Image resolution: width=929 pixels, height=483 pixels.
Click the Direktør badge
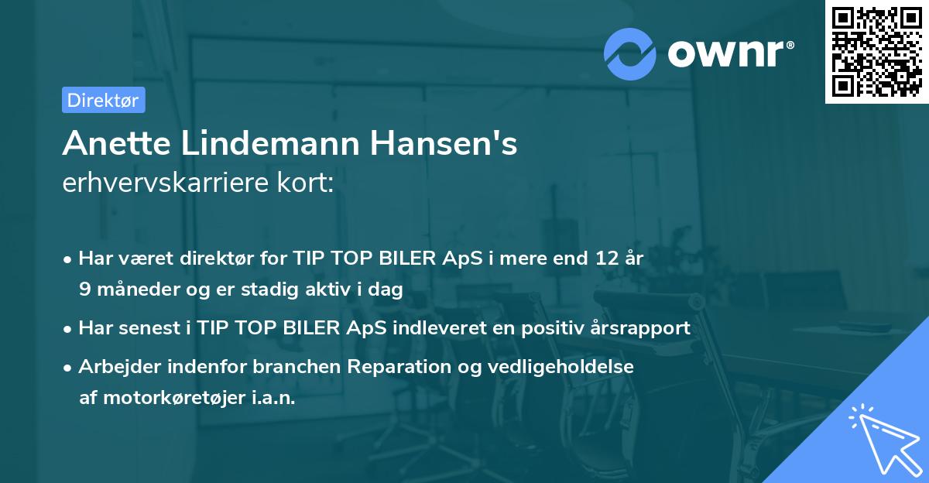(x=103, y=100)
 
